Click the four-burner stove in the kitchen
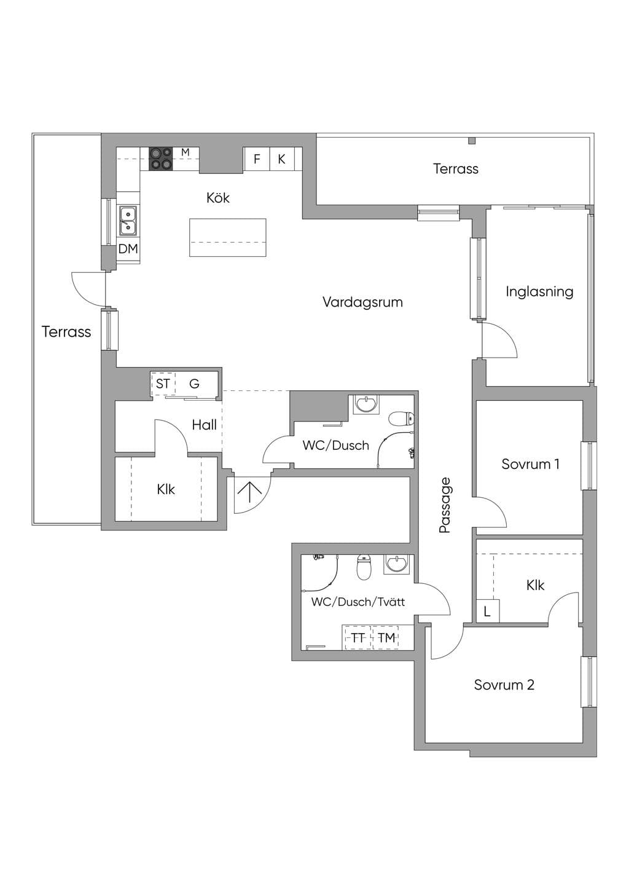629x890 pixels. [161, 159]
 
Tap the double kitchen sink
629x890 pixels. [128, 221]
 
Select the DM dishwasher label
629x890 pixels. [128, 249]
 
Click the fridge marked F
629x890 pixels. [257, 159]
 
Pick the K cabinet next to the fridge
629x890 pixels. [282, 159]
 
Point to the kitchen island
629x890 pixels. [227, 237]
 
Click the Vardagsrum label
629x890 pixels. [362, 302]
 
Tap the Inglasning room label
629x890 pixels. [539, 292]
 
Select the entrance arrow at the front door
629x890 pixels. [250, 493]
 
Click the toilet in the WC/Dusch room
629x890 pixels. [402, 419]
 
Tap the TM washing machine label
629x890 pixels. [386, 638]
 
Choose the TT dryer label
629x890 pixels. [357, 638]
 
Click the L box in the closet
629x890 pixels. [488, 612]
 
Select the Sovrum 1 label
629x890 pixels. [530, 464]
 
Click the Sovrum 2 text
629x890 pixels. [504, 685]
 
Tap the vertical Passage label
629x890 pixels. [445, 505]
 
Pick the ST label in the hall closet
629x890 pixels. [163, 384]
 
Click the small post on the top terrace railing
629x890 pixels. [472, 140]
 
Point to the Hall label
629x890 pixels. [204, 425]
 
